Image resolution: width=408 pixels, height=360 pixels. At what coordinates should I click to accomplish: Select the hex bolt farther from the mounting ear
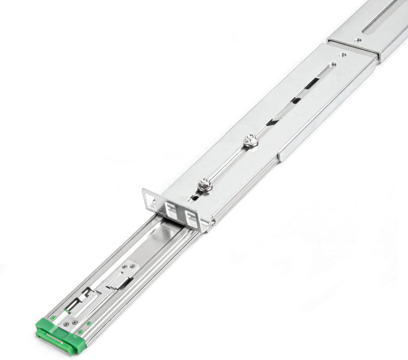click(x=250, y=141)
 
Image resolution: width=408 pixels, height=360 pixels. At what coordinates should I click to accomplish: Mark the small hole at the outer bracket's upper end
click(x=342, y=54)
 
